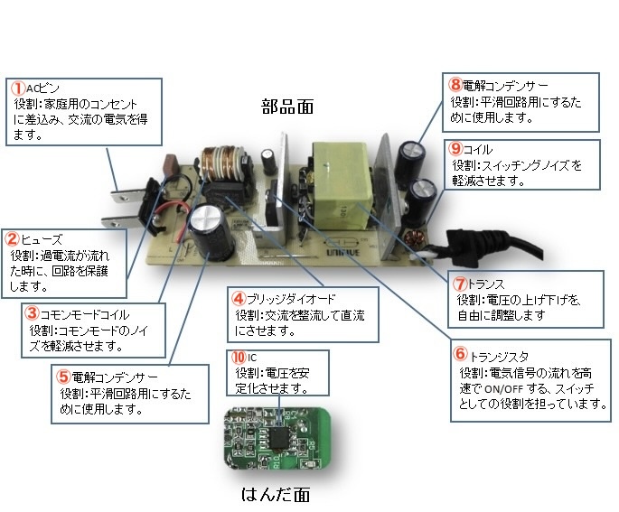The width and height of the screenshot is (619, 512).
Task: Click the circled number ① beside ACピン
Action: click(18, 88)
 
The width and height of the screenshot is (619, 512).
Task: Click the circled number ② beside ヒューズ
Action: click(12, 239)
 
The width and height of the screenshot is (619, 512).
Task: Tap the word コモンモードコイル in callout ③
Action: click(79, 314)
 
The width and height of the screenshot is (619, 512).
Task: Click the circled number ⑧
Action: click(455, 84)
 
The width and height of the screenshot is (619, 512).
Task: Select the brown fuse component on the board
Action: click(169, 169)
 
